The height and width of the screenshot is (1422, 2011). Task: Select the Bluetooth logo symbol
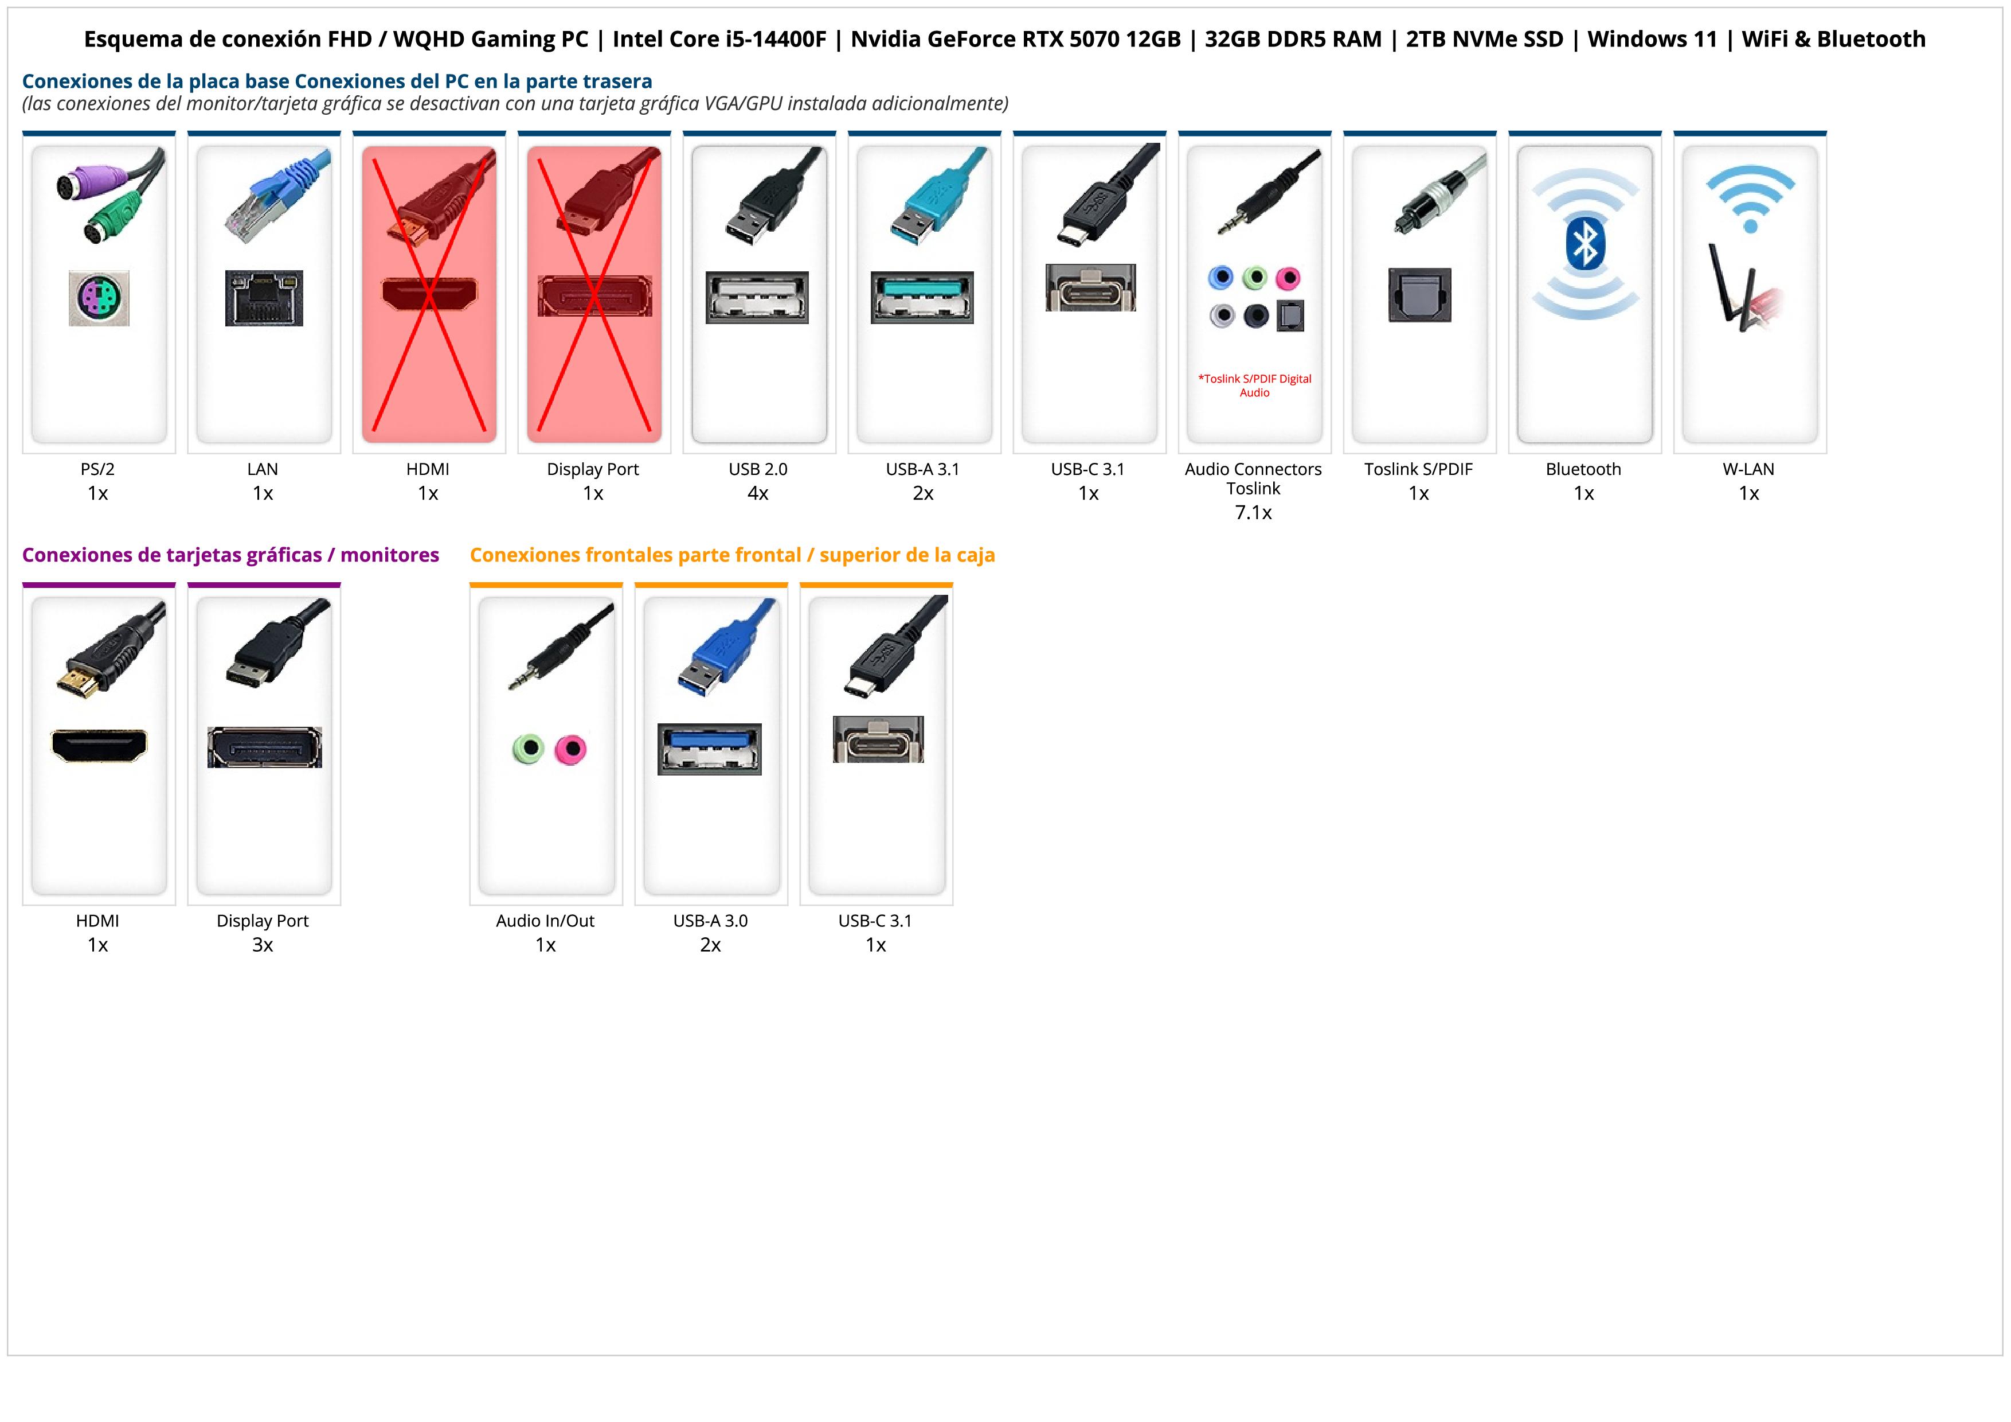[1584, 244]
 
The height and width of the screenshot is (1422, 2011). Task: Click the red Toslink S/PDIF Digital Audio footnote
[1254, 385]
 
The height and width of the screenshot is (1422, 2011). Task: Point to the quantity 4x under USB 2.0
[758, 493]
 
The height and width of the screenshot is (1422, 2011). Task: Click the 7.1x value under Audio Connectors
[1253, 513]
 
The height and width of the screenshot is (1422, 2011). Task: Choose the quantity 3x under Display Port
[263, 945]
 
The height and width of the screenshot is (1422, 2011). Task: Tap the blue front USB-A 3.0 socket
[710, 749]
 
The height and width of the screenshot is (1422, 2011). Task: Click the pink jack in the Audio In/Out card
[571, 750]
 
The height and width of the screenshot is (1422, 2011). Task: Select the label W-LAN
[1748, 469]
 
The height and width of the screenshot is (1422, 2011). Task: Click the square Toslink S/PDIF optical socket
[1420, 295]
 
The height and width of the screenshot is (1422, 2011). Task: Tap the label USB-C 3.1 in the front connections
[875, 921]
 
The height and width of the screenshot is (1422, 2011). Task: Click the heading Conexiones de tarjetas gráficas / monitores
[230, 555]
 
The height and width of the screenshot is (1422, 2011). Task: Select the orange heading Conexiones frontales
[732, 555]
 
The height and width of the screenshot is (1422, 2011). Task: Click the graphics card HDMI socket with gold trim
[99, 746]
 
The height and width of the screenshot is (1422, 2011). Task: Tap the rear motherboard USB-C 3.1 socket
[1090, 287]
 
